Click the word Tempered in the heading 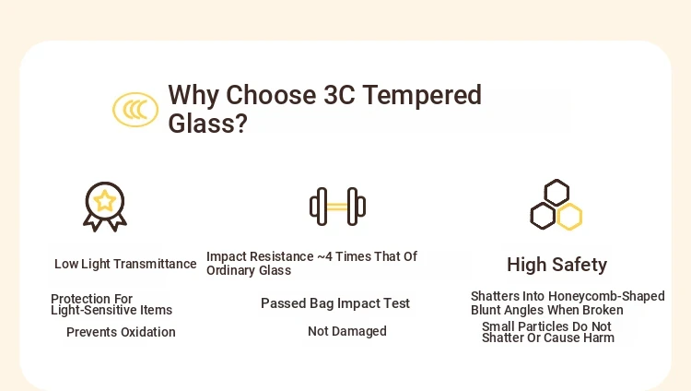422,95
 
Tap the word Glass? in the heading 207,124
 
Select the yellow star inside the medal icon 105,201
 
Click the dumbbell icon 337,207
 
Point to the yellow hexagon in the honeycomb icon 569,217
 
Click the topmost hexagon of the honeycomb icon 556,193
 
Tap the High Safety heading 557,265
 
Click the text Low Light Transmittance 125,264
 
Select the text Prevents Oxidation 121,332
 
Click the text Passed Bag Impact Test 335,303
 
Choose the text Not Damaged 347,331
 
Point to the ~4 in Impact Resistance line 325,256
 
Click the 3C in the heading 339,95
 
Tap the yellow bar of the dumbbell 337,207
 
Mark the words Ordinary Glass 249,270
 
